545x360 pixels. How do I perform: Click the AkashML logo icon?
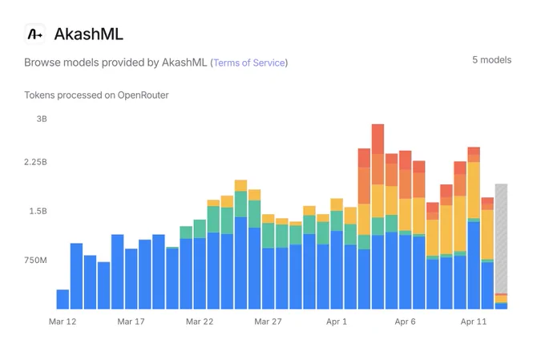point(34,34)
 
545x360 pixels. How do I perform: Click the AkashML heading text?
point(89,34)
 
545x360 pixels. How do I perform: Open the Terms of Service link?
point(249,63)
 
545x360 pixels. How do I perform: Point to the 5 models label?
point(491,60)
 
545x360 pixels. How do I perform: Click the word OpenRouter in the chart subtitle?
point(143,95)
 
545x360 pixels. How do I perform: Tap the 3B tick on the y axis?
point(42,119)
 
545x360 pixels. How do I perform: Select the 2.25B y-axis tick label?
point(35,162)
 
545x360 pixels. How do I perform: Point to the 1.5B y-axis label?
point(38,211)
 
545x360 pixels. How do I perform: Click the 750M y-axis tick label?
point(35,260)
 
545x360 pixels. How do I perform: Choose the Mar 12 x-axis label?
point(63,322)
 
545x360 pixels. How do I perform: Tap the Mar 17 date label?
point(131,322)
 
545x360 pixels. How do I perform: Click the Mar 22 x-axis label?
point(200,322)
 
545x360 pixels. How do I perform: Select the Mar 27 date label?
point(268,322)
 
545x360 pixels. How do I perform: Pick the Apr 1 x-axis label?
point(337,322)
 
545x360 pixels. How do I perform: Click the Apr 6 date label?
point(405,322)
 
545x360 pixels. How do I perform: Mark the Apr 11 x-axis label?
point(474,322)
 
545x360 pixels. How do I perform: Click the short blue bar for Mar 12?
point(63,299)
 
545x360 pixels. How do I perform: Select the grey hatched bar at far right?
point(501,239)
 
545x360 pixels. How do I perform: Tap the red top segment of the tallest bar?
point(377,140)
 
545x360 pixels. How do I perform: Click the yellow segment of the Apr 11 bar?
point(474,190)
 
